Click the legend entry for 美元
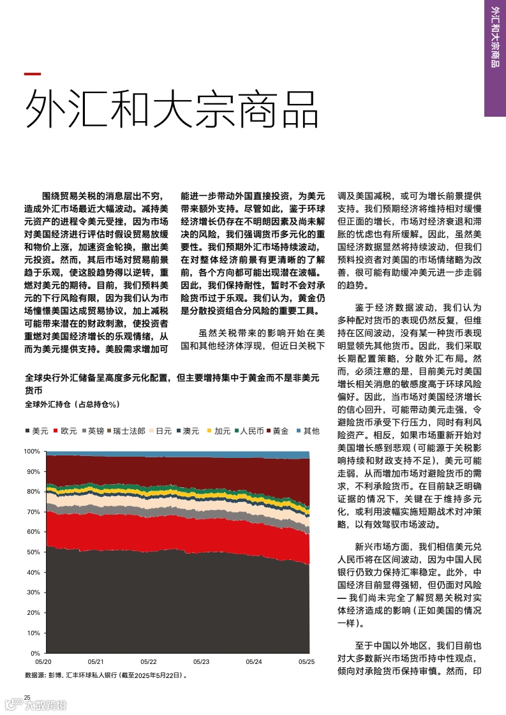tap(36, 431)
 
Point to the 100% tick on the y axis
tap(33, 451)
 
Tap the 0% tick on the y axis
tap(36, 654)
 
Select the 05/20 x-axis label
tap(44, 662)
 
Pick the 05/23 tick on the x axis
tap(201, 662)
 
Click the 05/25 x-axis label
tap(307, 662)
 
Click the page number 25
tap(27, 697)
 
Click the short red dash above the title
tap(33, 74)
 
